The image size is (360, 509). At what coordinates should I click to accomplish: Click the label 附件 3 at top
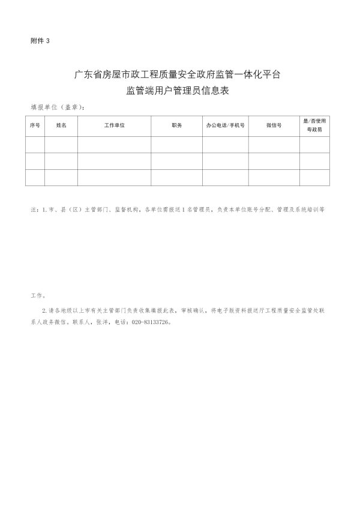click(41, 40)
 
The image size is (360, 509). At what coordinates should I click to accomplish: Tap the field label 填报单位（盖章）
click(58, 107)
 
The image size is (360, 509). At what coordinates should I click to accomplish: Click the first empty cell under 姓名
click(61, 145)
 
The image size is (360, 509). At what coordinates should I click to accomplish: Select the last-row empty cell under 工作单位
click(114, 178)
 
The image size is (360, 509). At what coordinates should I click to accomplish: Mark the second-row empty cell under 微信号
click(274, 161)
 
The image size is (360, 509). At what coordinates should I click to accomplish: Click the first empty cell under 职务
click(176, 145)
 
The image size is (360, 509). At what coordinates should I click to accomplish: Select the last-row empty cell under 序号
click(35, 178)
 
